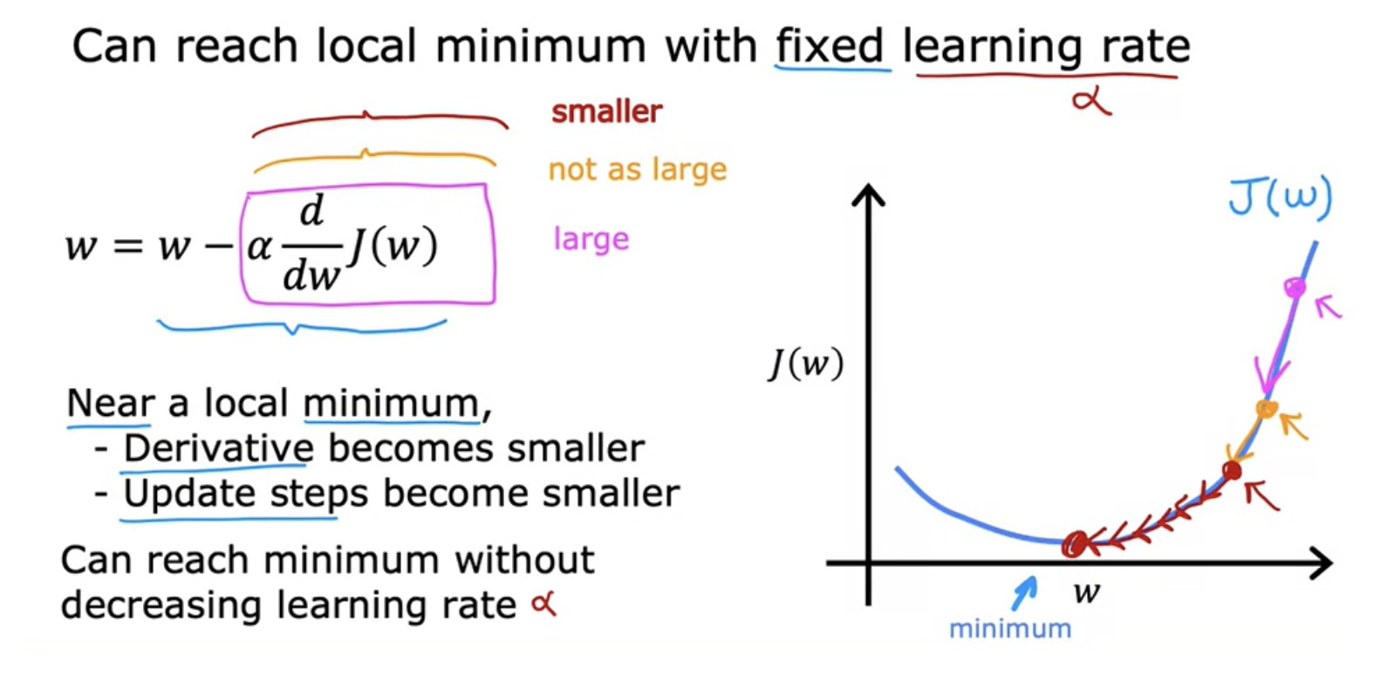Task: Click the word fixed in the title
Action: pyautogui.click(x=830, y=45)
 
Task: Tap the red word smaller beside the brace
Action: pyautogui.click(x=607, y=112)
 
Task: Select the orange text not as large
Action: pyautogui.click(x=637, y=170)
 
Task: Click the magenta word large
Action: pyautogui.click(x=591, y=239)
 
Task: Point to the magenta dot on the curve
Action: pyautogui.click(x=1295, y=287)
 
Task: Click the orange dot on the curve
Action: pyautogui.click(x=1267, y=409)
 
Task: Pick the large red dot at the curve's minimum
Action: pyautogui.click(x=1075, y=543)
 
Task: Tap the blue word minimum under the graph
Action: pyautogui.click(x=1010, y=629)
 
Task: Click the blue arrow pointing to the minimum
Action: pyautogui.click(x=1025, y=593)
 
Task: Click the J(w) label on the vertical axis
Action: pyautogui.click(x=805, y=364)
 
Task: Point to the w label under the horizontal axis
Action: pyautogui.click(x=1087, y=593)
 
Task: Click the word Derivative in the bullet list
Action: pyautogui.click(x=219, y=447)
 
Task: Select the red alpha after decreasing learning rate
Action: pyautogui.click(x=544, y=604)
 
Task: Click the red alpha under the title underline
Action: pyautogui.click(x=1092, y=102)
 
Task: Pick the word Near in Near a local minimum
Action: pyautogui.click(x=110, y=403)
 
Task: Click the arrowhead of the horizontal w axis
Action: pyautogui.click(x=1324, y=562)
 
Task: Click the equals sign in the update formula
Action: pyautogui.click(x=127, y=247)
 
